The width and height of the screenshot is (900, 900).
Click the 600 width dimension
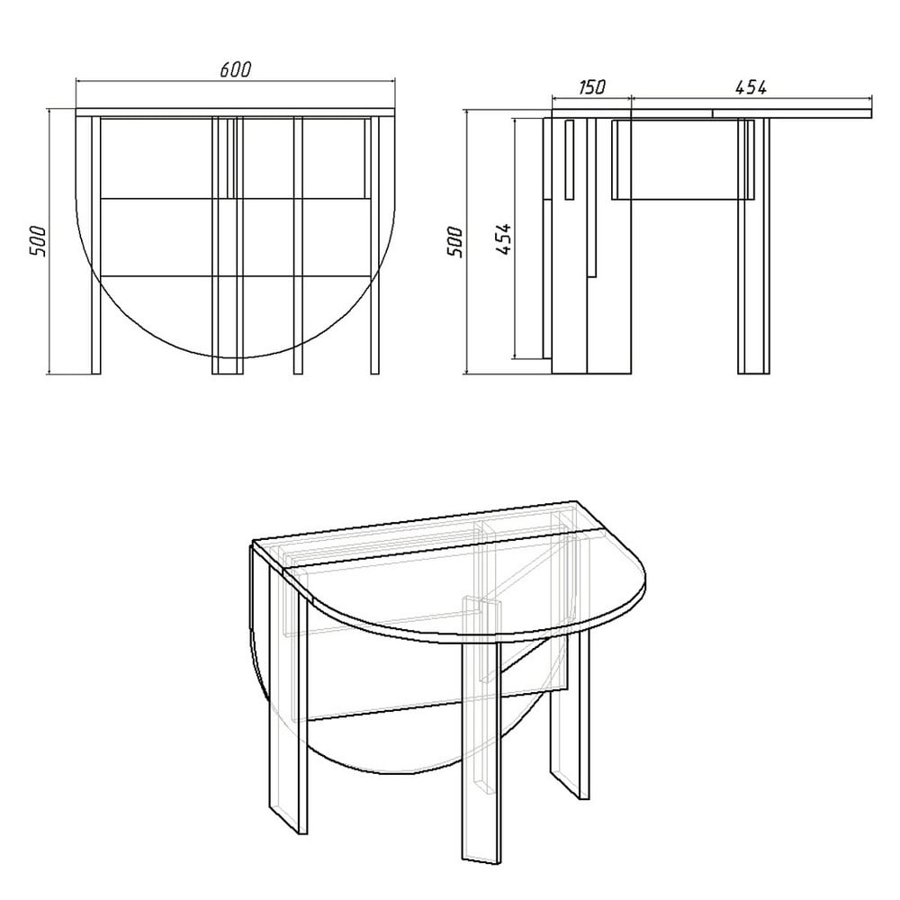(235, 69)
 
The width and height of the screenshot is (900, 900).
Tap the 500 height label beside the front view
(38, 241)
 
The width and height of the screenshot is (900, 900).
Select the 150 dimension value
(592, 87)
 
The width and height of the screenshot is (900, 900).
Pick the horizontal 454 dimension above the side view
(751, 87)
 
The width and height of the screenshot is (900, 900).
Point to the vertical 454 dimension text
(503, 238)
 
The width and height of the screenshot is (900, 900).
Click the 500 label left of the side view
(454, 241)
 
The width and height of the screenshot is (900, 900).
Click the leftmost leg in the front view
(96, 246)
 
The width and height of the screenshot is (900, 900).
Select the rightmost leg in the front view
(374, 246)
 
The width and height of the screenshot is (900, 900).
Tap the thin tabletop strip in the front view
(235, 112)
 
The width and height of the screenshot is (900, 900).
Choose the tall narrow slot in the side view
(570, 160)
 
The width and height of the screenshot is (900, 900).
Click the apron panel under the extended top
(682, 159)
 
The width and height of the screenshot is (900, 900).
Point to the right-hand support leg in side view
(753, 246)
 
